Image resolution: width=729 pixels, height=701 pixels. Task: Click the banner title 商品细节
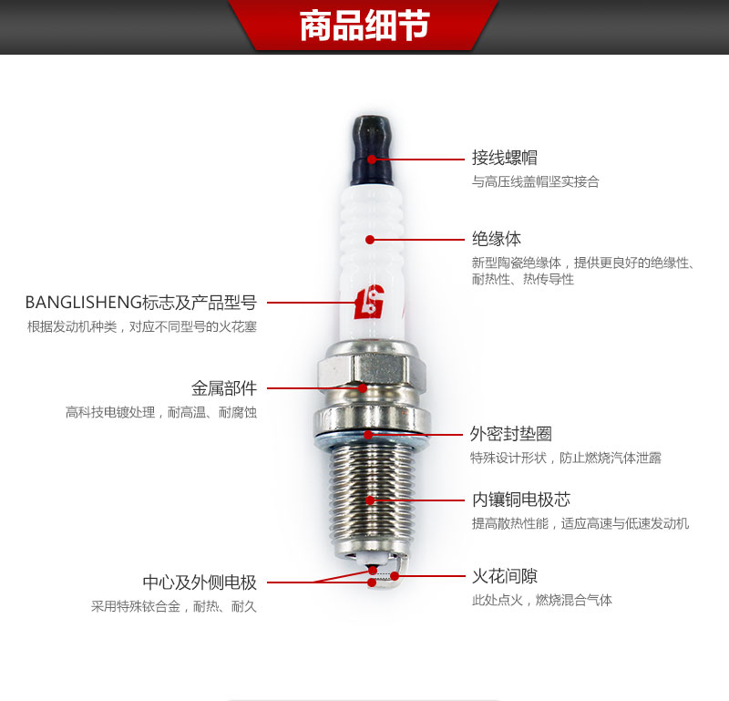(364, 26)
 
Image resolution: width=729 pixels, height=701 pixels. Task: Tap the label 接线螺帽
(505, 158)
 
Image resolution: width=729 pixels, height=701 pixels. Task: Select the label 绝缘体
(497, 239)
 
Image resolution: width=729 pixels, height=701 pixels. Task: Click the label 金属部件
(224, 388)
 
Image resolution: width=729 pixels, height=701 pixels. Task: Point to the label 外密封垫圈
(511, 434)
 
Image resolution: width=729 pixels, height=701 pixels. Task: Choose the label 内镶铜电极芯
(521, 500)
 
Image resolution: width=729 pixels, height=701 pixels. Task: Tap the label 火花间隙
(505, 576)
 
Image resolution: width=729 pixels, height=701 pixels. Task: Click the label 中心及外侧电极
(200, 582)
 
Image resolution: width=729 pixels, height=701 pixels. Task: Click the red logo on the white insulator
(369, 302)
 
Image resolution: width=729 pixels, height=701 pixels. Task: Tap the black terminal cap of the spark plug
(372, 150)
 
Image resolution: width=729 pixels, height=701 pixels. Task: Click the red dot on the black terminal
(372, 160)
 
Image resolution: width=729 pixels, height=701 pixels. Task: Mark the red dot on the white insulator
(370, 240)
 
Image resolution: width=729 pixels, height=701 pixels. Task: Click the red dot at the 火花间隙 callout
(395, 576)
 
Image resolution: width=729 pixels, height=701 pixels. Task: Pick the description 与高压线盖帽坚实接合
(536, 181)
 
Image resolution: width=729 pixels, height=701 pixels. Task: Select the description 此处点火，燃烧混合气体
(542, 600)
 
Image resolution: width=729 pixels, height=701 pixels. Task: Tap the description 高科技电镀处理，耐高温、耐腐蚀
(161, 412)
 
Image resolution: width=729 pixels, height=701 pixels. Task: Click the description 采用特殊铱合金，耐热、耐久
(174, 606)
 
